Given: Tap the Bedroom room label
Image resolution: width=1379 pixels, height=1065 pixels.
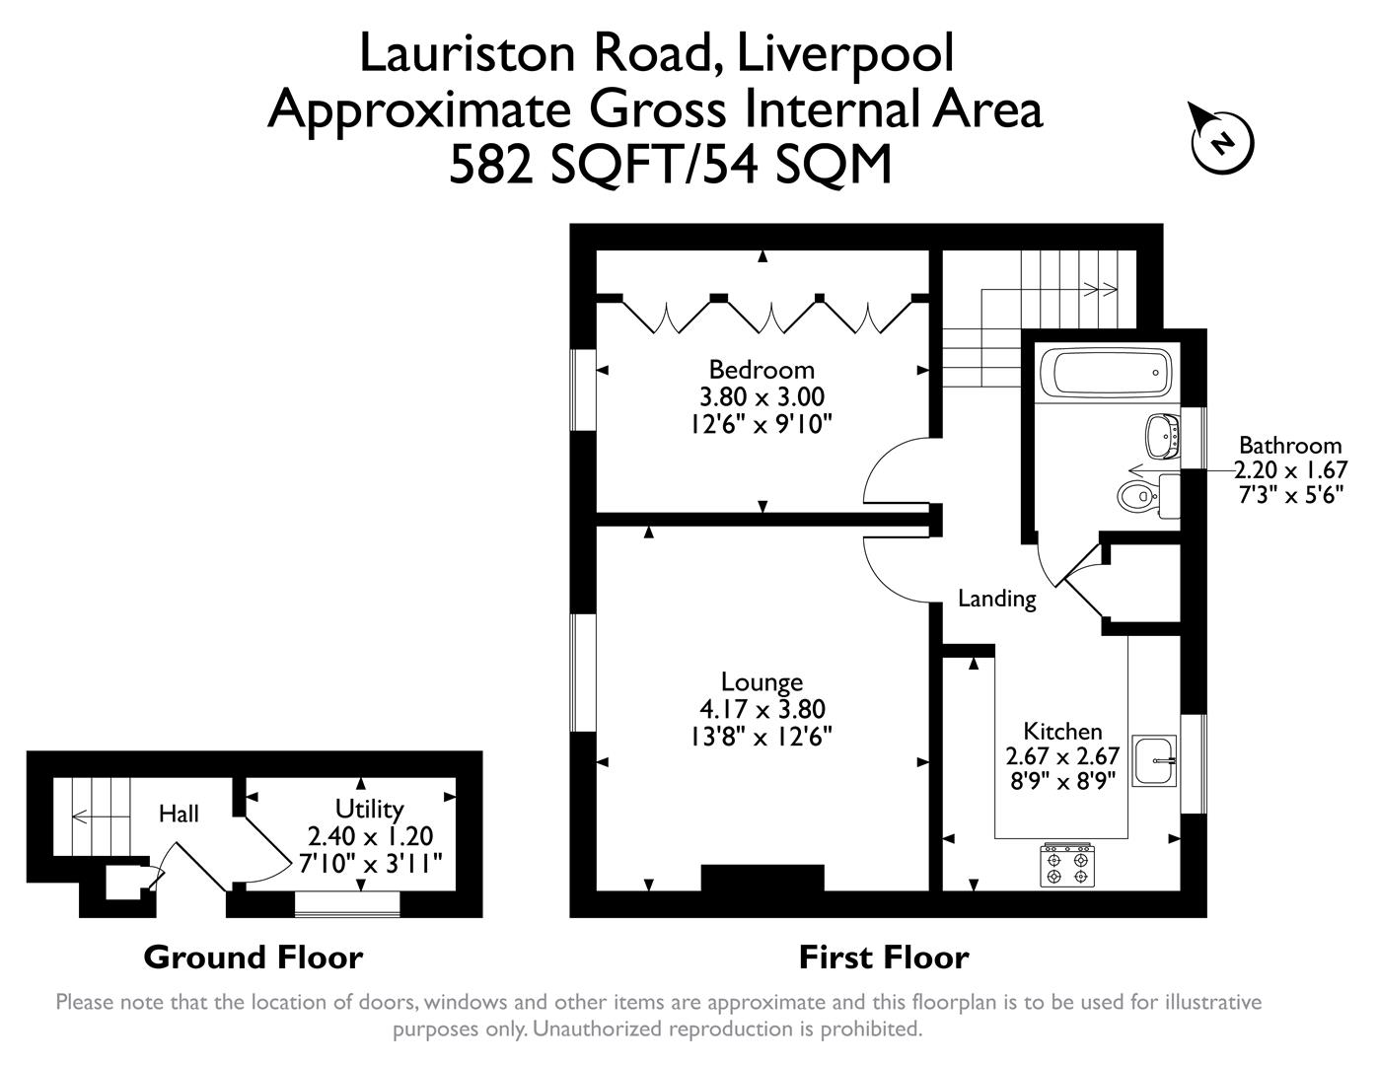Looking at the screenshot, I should pos(762,370).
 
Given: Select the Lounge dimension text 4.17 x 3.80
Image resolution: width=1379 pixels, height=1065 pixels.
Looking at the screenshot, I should pos(762,709).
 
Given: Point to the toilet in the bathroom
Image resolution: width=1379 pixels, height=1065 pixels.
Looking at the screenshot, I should pos(1136,495).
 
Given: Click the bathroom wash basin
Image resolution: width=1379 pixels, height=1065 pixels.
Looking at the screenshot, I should pos(1163,435).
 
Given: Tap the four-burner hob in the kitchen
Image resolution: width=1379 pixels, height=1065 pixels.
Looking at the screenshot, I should pos(1068,865).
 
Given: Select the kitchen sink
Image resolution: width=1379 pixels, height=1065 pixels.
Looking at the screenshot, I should pos(1155,760).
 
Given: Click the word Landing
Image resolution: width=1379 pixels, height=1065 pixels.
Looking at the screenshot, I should pos(997,599).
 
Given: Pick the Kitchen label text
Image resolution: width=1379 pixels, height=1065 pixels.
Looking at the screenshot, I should pos(1062,732).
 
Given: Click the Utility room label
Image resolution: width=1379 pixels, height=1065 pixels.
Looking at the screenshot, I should pos(369,810).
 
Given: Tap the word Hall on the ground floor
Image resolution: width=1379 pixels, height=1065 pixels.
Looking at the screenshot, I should pos(179,814).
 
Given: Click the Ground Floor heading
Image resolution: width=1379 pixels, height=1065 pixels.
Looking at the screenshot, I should pos(254,957).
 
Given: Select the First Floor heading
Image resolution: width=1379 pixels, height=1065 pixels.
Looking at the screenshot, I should pos(883,957).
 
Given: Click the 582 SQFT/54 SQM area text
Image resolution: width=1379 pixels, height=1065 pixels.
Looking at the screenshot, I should pos(670,165).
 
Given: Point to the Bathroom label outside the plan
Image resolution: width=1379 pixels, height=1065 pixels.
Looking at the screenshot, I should pos(1289,445).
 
